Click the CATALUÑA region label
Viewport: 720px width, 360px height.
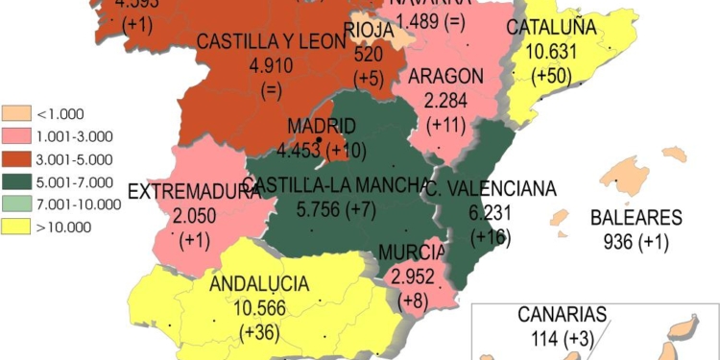(x=550, y=29)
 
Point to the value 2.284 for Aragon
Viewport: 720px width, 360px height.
(x=444, y=101)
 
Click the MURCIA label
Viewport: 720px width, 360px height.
(x=411, y=252)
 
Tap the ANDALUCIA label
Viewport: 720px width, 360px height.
(x=258, y=284)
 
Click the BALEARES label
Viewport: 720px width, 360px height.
(x=636, y=218)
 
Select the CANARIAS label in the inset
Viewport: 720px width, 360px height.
(x=563, y=315)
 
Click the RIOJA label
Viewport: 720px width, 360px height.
(x=368, y=31)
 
